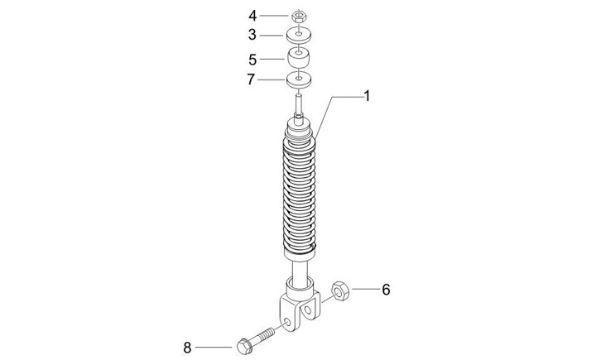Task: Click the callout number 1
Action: pyautogui.click(x=367, y=96)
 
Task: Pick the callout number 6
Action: pyautogui.click(x=385, y=290)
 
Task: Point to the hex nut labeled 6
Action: pyautogui.click(x=340, y=291)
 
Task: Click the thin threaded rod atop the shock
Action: pyautogui.click(x=300, y=107)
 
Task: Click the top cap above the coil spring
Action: pyautogui.click(x=300, y=127)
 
